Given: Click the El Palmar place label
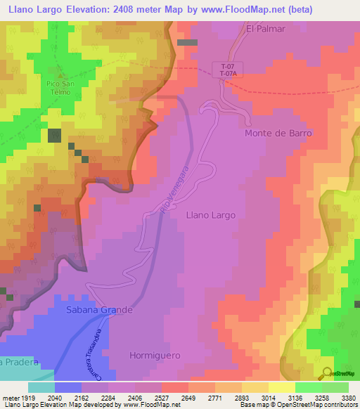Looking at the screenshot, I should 266,29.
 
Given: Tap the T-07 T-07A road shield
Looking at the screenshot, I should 226,69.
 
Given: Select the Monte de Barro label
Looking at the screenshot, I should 278,133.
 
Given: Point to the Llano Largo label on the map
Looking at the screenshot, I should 210,215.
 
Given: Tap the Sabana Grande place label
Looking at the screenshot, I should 99,309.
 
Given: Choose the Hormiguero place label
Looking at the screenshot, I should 155,356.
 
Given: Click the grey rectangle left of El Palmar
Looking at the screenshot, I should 187,42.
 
